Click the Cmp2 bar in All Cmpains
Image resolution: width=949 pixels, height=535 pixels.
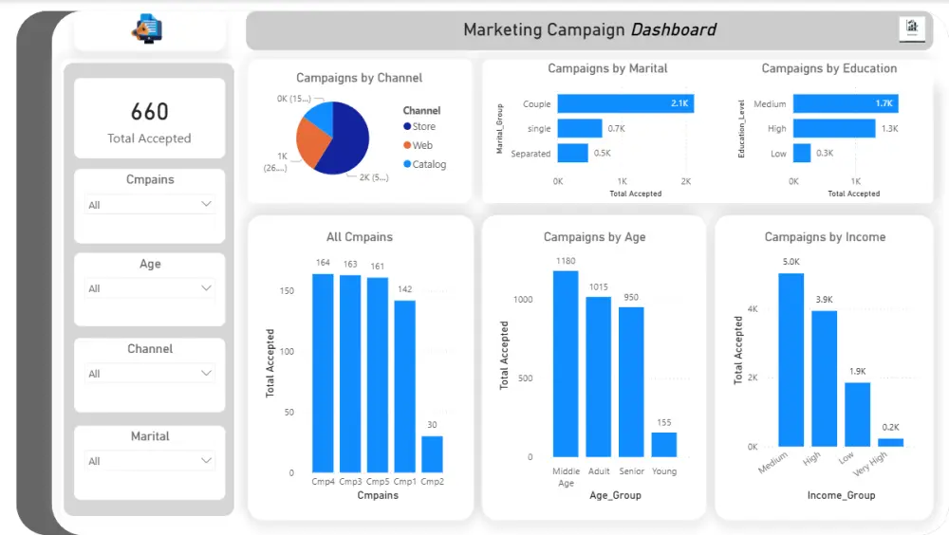tap(432, 454)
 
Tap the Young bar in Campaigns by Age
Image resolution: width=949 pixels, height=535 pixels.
tap(664, 445)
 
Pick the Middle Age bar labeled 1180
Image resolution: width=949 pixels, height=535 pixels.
tap(566, 364)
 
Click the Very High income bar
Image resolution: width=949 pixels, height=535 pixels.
tap(891, 442)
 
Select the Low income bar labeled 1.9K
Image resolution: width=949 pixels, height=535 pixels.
tap(858, 415)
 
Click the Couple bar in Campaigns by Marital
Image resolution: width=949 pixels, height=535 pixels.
tap(625, 103)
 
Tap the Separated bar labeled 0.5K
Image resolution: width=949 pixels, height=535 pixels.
tap(573, 153)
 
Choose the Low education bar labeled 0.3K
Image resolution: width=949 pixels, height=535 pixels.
tap(802, 153)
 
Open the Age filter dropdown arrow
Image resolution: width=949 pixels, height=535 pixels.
tap(206, 287)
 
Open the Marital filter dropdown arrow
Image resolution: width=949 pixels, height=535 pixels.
tap(206, 460)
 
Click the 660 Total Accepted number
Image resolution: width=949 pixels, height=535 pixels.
tap(150, 112)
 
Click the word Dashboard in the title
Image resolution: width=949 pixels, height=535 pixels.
tap(674, 29)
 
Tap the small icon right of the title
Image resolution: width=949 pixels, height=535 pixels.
tap(911, 28)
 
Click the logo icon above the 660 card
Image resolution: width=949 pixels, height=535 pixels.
tap(148, 30)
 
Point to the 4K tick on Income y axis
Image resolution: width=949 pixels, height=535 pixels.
tap(753, 309)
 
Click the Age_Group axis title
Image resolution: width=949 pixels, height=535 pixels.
tap(615, 495)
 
